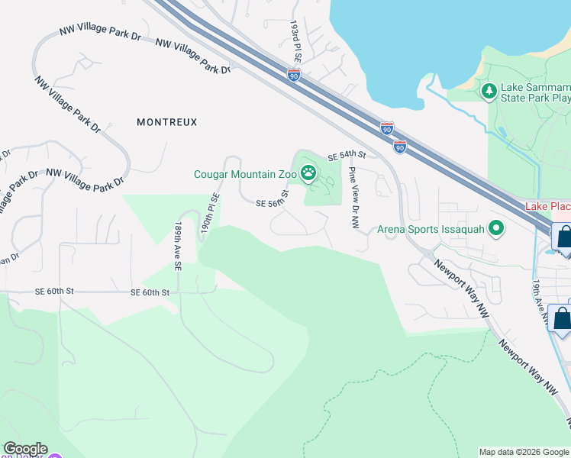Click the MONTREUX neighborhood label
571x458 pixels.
(166, 122)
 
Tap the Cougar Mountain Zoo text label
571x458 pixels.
(244, 175)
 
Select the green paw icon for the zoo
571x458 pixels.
(308, 173)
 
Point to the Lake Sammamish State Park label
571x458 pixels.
(534, 92)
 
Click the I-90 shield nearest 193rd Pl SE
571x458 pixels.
(295, 75)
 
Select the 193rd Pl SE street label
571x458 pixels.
(295, 43)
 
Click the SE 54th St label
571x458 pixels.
(347, 156)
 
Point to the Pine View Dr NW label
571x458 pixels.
(354, 198)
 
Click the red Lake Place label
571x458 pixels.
(547, 208)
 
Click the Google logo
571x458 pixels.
(25, 450)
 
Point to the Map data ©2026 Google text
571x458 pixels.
(523, 452)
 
